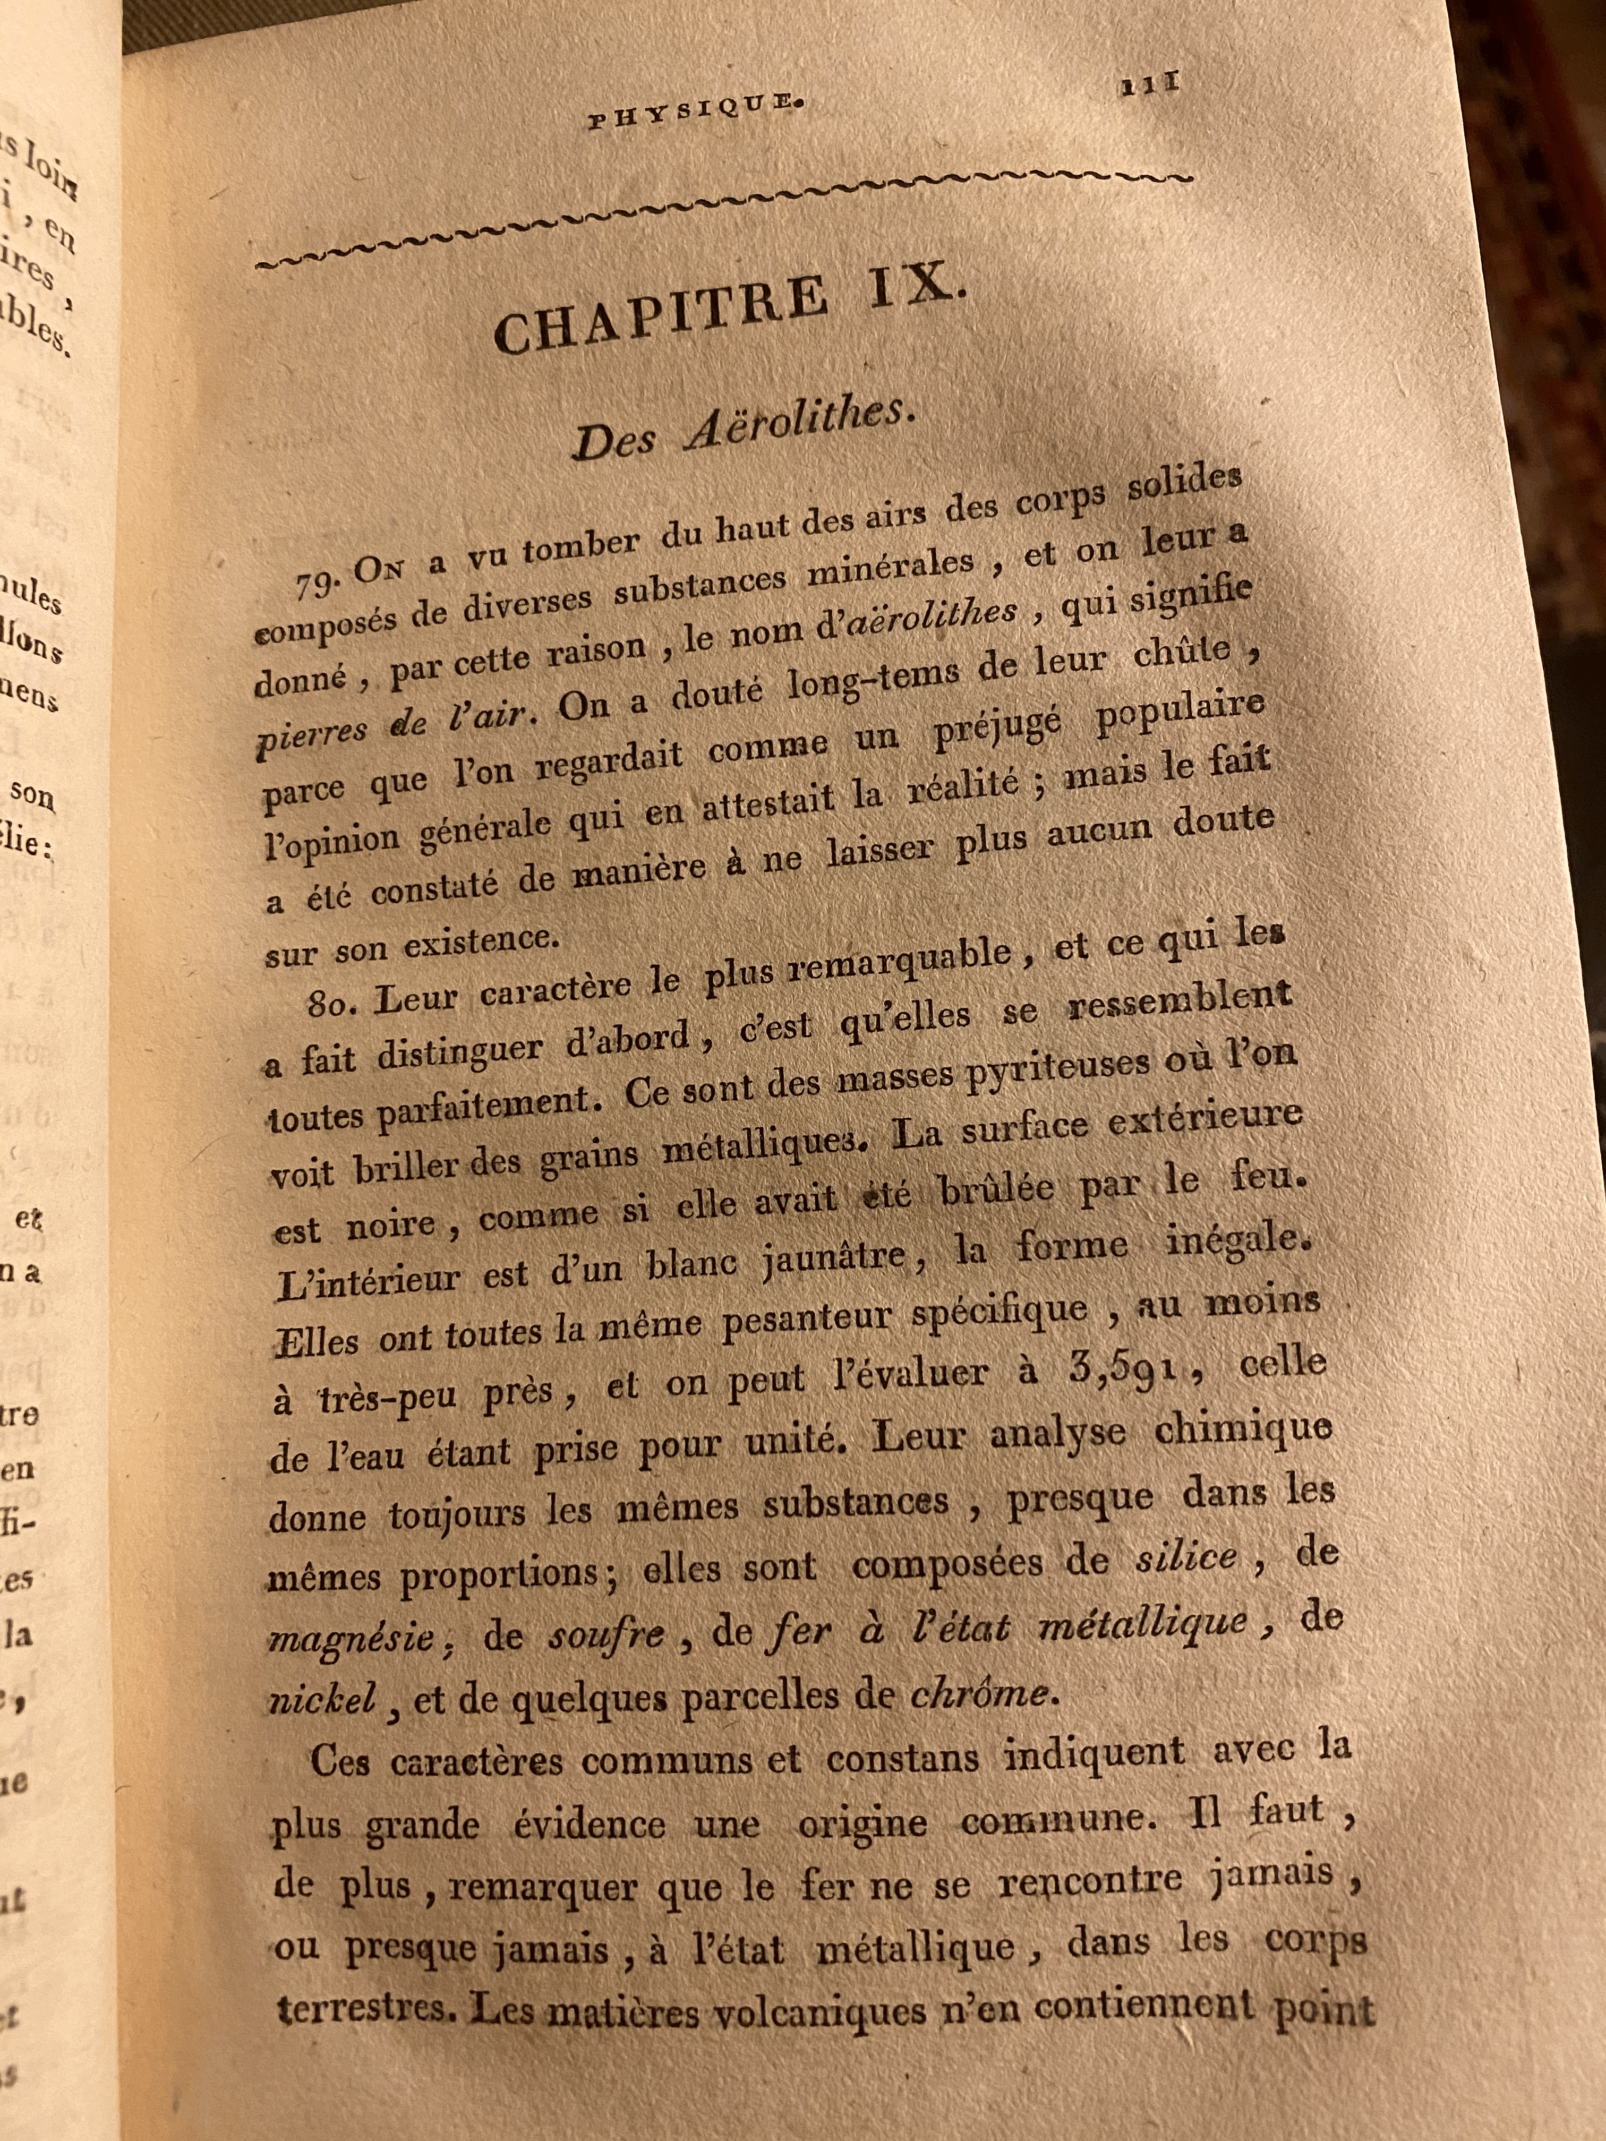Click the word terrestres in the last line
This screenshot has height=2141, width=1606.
pyautogui.click(x=363, y=2008)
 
